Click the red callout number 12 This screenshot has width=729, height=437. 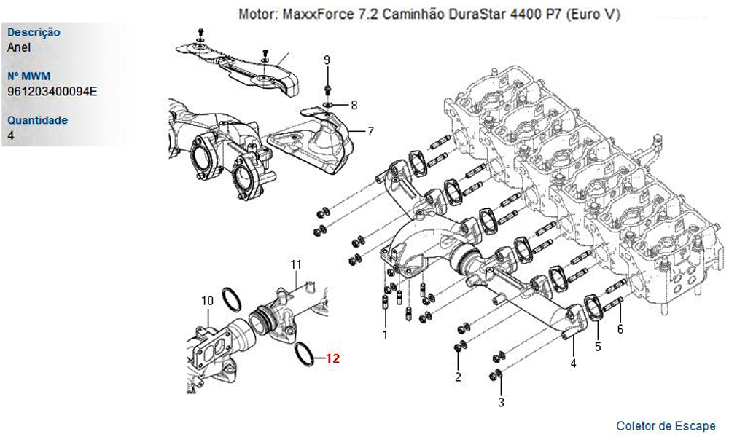point(332,358)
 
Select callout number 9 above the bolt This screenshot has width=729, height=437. point(327,60)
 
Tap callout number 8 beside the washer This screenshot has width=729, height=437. point(354,105)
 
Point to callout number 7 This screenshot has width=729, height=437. point(370,132)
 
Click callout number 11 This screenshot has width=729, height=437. point(296,263)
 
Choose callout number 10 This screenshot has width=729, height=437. point(207,300)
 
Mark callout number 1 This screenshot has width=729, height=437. point(385,335)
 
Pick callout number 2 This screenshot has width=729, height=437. point(458,377)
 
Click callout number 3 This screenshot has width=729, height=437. point(501,401)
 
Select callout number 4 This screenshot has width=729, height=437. point(573,363)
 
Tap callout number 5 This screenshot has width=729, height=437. point(598,347)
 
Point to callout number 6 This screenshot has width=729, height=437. point(620,329)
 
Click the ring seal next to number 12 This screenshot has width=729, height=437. point(305,355)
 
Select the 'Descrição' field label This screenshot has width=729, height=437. point(34,33)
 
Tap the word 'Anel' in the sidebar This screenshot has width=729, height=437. point(18,48)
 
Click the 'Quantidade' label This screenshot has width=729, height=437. point(37,120)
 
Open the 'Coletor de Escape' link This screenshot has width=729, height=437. point(666,426)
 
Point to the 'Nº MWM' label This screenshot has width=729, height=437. point(28,76)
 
